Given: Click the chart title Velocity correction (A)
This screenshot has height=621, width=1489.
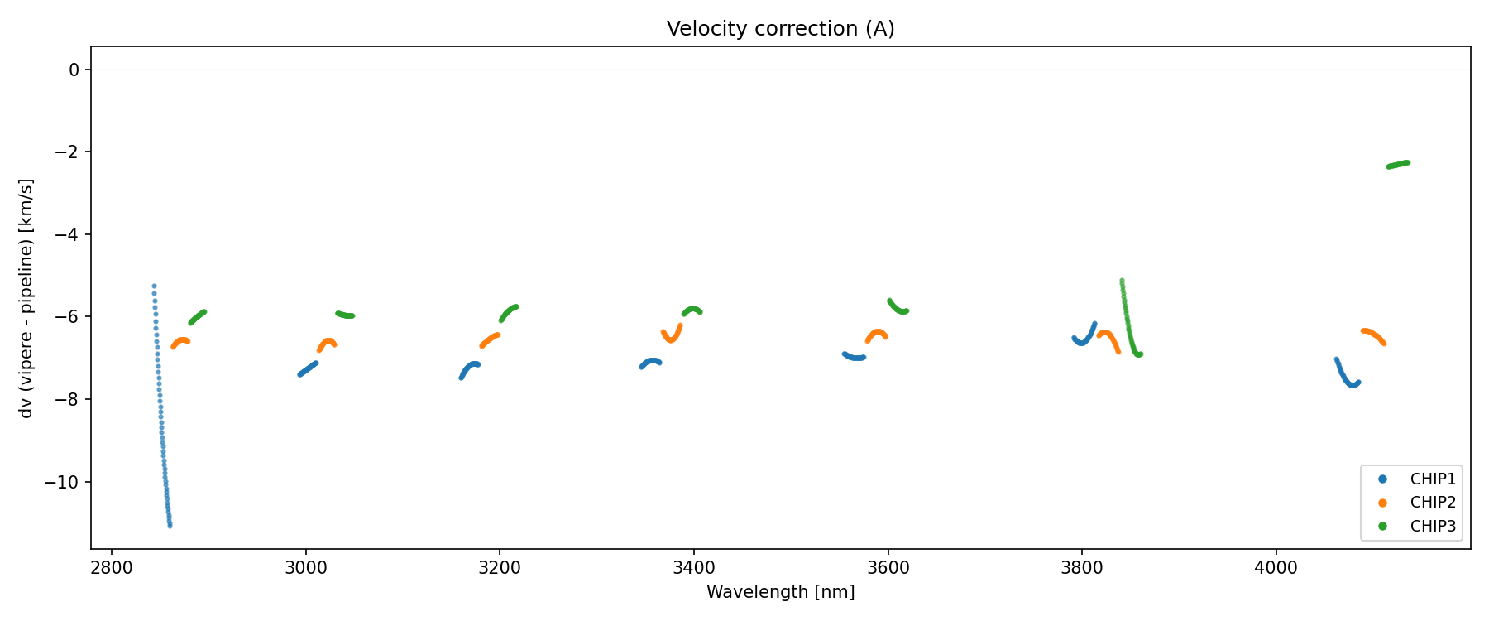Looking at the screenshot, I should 780,29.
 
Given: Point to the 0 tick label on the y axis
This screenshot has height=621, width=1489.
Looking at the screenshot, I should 74,70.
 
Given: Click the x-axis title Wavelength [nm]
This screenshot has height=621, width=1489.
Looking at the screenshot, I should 780,592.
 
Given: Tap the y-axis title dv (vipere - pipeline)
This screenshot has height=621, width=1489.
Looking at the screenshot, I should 26,298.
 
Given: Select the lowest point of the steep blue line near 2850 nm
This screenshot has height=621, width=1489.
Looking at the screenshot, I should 170,525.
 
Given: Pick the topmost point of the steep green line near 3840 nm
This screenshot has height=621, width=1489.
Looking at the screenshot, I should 1122,281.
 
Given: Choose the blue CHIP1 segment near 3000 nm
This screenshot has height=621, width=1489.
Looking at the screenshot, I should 307,368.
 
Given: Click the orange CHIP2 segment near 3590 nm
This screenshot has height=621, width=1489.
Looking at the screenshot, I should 877,334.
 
